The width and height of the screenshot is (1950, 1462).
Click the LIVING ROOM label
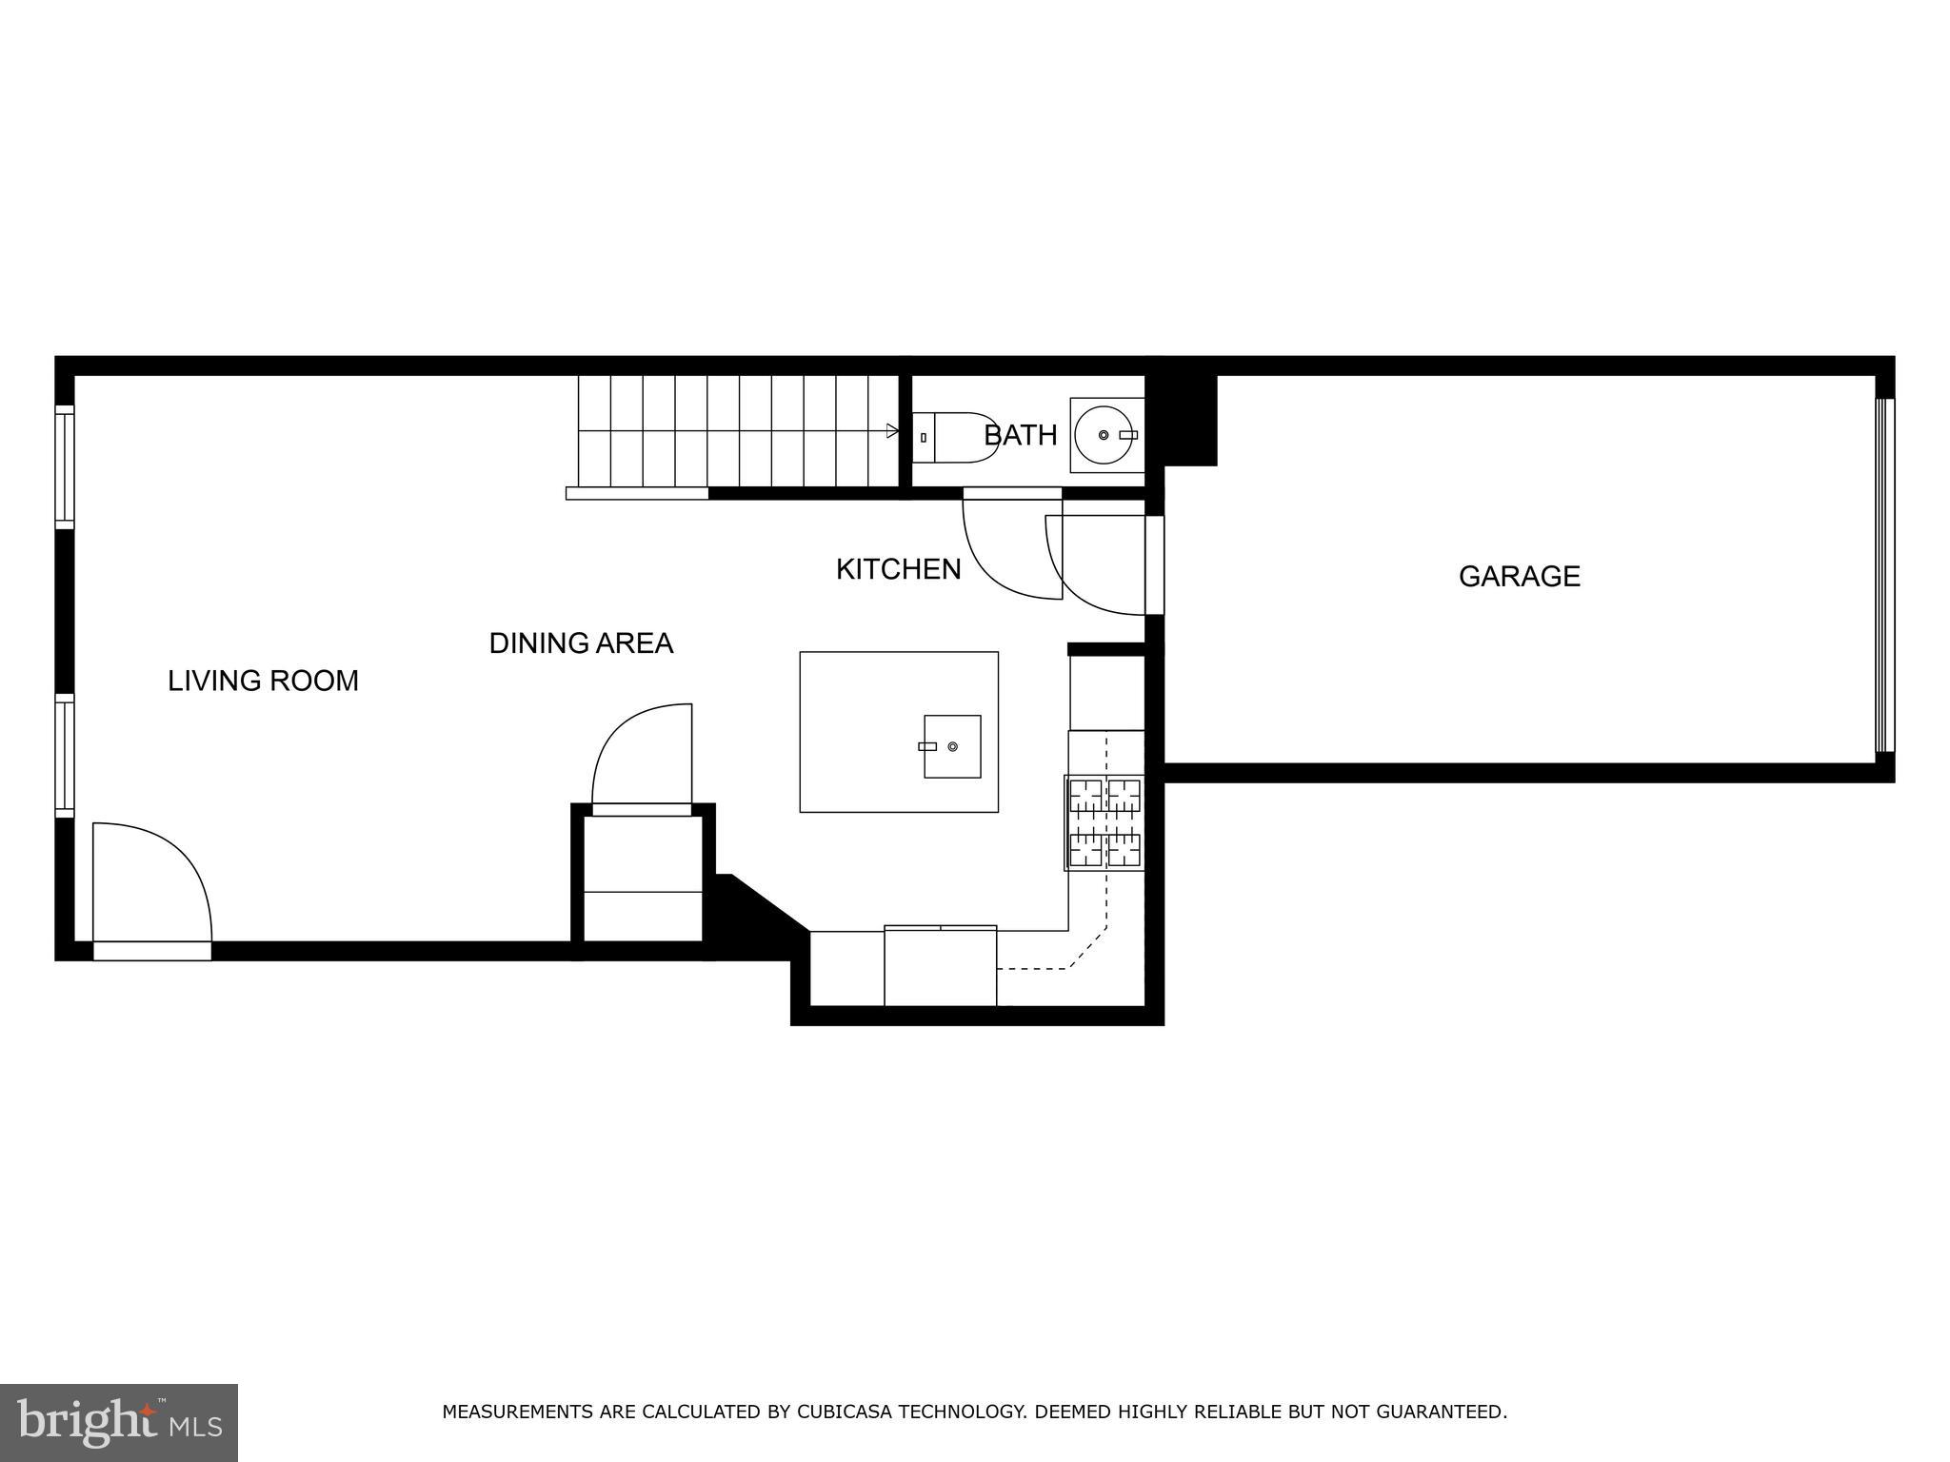tap(263, 681)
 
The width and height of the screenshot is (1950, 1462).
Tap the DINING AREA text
tap(581, 643)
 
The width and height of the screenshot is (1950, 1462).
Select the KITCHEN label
tap(898, 569)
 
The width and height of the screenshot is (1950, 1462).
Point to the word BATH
tap(1020, 435)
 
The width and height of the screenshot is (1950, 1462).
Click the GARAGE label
tap(1519, 576)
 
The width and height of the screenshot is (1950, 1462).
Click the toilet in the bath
tap(952, 437)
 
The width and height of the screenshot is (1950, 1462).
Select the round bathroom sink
tap(1104, 435)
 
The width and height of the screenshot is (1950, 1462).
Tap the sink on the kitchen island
tap(951, 746)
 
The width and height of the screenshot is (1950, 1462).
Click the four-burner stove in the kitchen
tap(1104, 823)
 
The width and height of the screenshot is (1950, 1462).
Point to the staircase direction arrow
tap(891, 431)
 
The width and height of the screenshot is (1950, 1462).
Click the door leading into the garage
tap(1103, 565)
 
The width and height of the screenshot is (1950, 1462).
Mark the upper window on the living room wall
tap(64, 466)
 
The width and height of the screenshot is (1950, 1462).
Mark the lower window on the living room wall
tap(64, 755)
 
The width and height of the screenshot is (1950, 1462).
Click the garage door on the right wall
tap(1884, 576)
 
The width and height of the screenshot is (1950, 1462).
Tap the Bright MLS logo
tap(118, 1422)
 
